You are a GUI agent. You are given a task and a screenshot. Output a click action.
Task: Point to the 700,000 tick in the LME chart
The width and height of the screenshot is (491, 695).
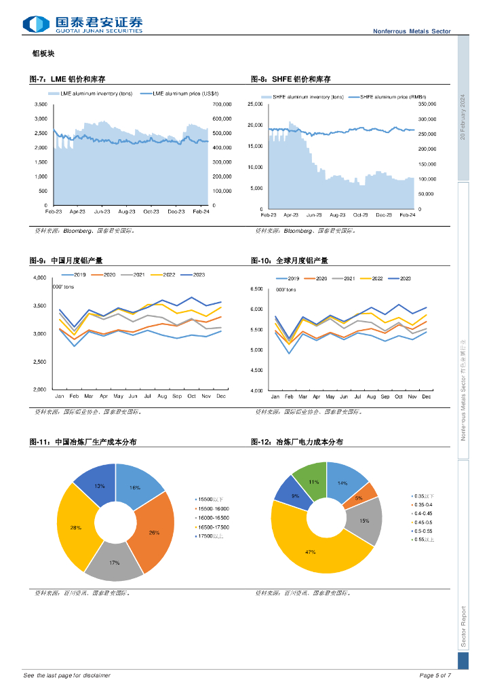222,105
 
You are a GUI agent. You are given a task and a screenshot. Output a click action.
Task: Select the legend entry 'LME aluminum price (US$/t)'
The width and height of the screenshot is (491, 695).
180,93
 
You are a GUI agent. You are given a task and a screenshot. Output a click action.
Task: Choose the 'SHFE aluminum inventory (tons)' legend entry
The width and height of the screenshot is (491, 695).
303,98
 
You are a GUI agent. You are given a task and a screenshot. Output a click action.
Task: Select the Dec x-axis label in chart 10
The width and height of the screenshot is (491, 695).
427,396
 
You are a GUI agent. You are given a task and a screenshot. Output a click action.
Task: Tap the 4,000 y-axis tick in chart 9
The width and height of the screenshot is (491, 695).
39,278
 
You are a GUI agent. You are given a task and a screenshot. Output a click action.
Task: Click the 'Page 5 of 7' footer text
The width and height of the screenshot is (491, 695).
435,675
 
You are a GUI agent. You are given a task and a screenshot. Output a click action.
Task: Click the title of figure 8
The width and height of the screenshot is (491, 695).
290,79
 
